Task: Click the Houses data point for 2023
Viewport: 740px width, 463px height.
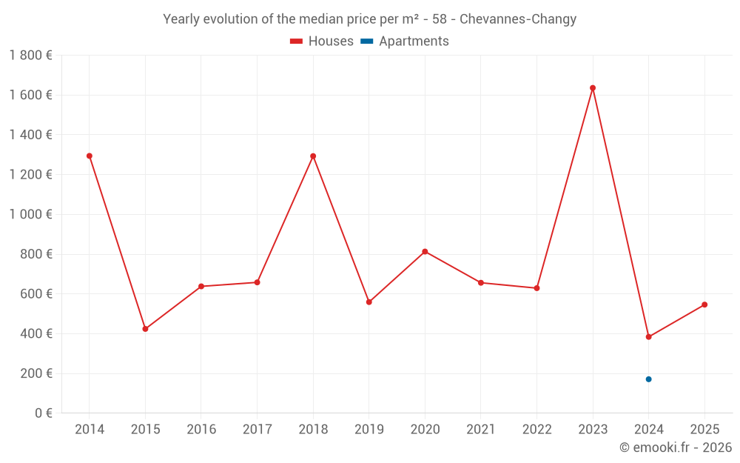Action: tap(593, 88)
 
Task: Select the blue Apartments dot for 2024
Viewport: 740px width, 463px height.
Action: tap(648, 379)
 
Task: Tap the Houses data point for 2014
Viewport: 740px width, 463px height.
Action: tap(90, 156)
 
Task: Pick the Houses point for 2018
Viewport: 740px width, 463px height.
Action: tap(313, 156)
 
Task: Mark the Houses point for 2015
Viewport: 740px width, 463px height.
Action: tap(145, 329)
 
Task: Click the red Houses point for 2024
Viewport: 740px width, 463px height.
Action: tap(648, 337)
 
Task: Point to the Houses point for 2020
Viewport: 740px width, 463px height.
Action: tap(425, 252)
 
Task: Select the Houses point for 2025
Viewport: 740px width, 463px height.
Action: tap(704, 304)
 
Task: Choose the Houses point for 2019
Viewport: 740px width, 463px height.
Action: tap(369, 302)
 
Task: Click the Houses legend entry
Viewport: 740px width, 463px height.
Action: tap(322, 41)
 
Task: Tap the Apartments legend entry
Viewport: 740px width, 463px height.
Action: tap(405, 41)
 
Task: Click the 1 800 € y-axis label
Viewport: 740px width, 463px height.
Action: tap(30, 55)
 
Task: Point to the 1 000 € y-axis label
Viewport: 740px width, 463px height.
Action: tap(30, 214)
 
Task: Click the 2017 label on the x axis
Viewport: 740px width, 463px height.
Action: tap(257, 430)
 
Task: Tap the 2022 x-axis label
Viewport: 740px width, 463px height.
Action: tap(536, 430)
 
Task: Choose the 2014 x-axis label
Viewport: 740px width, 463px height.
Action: tap(90, 430)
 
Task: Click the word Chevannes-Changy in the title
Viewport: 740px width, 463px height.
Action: tap(518, 19)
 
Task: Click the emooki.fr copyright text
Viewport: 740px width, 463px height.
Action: tap(676, 447)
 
